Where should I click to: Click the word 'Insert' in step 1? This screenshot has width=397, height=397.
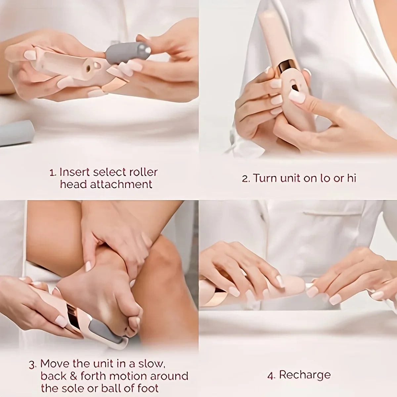point(75,172)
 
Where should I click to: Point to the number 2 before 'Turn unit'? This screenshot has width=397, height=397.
point(245,179)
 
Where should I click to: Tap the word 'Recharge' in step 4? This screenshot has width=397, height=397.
point(304,375)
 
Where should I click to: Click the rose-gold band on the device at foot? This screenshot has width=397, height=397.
point(75,318)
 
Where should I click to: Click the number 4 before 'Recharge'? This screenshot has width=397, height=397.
point(270,375)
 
